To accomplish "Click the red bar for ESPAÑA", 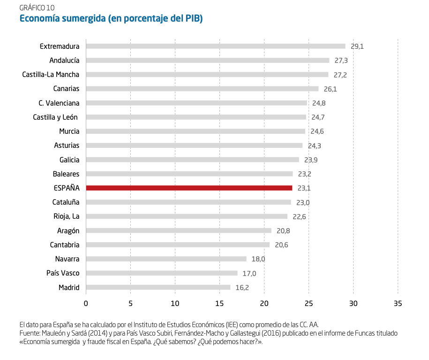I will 189,188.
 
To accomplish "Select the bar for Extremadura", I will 216,46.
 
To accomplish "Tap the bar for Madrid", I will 158,287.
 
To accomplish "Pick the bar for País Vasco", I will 162,273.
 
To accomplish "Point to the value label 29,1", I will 357,46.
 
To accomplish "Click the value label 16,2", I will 242,288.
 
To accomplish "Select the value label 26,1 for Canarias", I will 331,89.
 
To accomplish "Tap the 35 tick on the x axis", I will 398,304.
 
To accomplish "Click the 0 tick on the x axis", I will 86,304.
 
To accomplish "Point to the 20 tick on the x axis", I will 264,304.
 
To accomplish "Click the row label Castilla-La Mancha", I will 51,75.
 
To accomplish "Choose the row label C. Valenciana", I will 59,103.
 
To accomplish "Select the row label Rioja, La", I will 67,216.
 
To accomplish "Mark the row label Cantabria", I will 65,245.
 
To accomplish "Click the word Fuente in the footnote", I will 30,333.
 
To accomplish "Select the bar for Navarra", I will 166,259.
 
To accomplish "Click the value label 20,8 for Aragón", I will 283,231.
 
